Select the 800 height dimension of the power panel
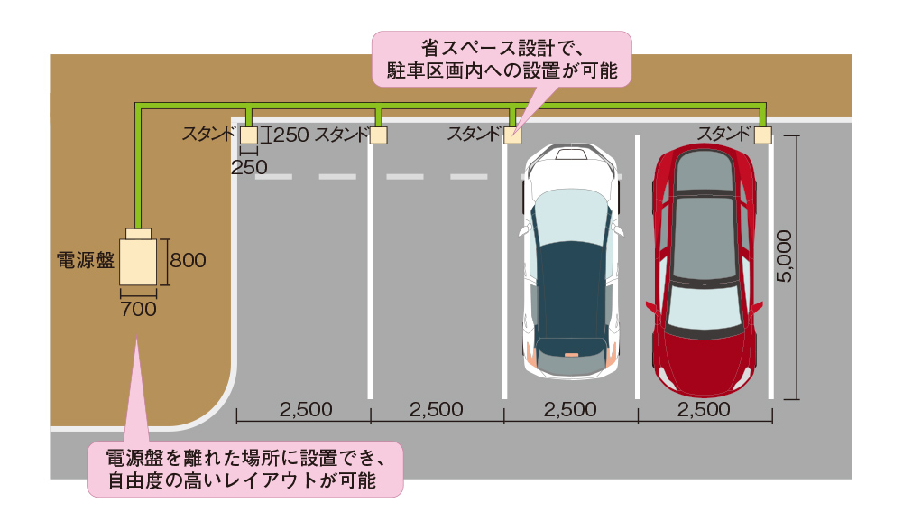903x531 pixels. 188,261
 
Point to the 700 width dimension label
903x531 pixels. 138,309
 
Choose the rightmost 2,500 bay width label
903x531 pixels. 703,409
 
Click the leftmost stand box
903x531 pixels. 248,135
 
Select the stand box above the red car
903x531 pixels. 763,135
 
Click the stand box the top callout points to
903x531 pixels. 512,135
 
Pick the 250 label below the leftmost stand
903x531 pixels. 249,166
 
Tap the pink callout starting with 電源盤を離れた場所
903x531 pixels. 244,467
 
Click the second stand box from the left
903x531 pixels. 380,135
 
